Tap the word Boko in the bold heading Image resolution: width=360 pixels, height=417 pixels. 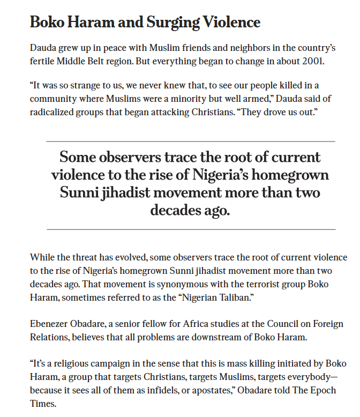48,23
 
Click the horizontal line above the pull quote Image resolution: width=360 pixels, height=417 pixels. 191,142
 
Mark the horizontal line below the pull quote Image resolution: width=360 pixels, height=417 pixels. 191,229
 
